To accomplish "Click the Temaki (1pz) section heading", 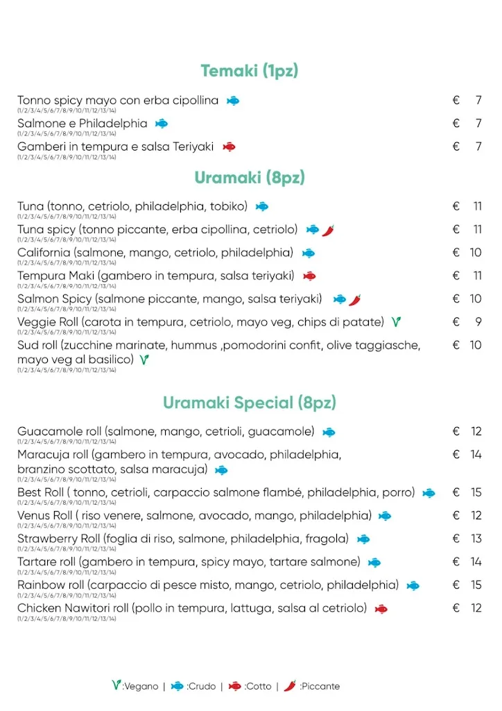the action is click(x=250, y=71).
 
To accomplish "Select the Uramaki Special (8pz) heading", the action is click(x=250, y=403).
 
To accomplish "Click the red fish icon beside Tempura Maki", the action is click(x=309, y=276).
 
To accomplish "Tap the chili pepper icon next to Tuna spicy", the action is click(x=328, y=230).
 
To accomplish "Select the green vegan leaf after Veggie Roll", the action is click(x=396, y=321).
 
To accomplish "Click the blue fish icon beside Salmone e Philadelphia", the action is click(x=162, y=124).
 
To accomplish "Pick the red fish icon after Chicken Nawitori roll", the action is click(x=381, y=609).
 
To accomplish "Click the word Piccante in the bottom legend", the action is click(x=320, y=686).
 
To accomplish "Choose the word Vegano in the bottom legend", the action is click(x=141, y=686).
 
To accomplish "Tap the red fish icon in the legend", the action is click(x=235, y=686).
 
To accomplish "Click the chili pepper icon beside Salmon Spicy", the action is click(x=355, y=299).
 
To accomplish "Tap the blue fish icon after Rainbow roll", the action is click(x=413, y=585).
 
